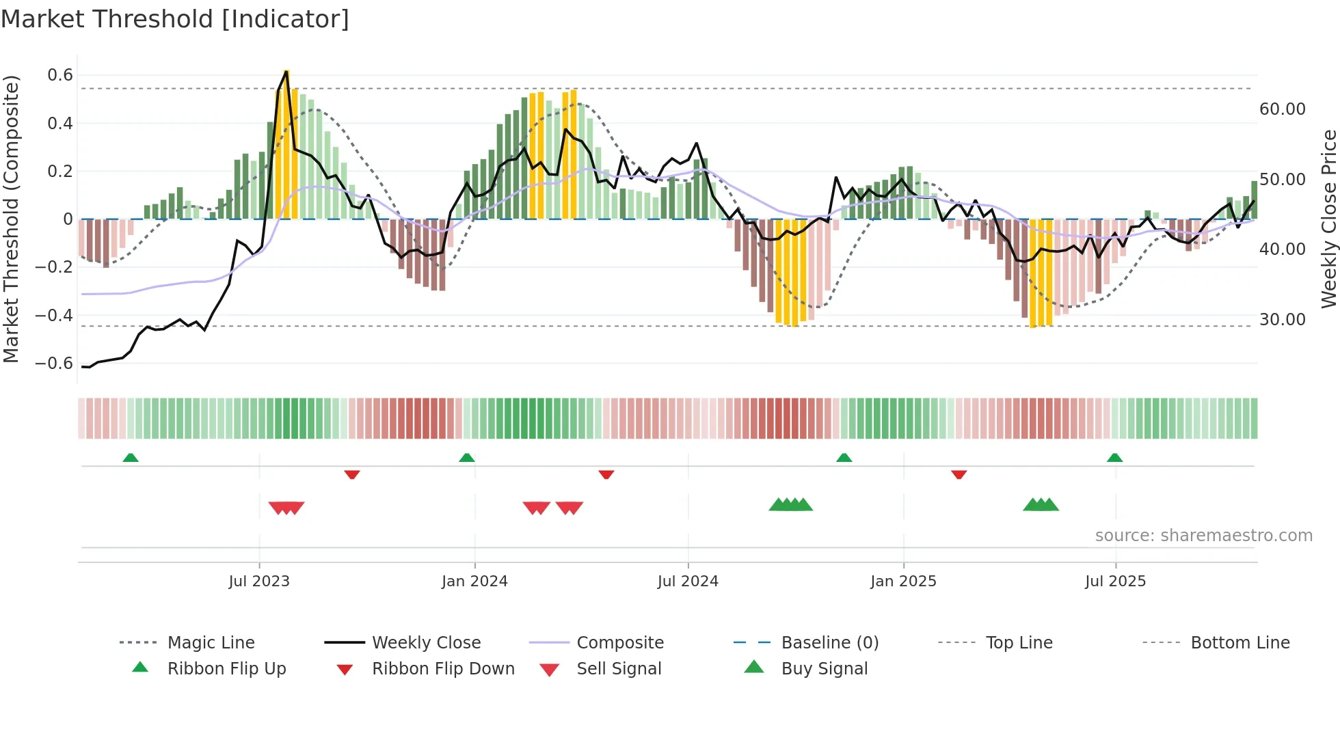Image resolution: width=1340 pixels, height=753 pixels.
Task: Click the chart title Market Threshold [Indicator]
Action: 175,19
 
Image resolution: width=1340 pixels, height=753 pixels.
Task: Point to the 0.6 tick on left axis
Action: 60,75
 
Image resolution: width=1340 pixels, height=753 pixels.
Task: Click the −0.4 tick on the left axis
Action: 54,315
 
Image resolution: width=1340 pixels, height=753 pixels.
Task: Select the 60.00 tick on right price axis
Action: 1282,109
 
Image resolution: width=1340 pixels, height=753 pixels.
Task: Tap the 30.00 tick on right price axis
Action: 1282,320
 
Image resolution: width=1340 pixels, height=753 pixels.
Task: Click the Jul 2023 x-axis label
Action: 259,581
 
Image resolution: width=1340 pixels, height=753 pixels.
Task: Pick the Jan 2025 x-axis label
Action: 903,581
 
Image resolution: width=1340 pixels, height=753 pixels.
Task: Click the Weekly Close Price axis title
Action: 1328,219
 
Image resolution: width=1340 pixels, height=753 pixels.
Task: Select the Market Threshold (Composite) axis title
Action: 11,219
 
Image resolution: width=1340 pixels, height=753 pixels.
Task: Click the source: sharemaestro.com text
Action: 1203,536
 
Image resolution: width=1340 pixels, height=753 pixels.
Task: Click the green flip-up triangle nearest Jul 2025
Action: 1114,458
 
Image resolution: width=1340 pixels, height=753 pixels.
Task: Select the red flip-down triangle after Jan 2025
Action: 959,474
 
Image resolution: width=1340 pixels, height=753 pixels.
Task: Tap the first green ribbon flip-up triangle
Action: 131,458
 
